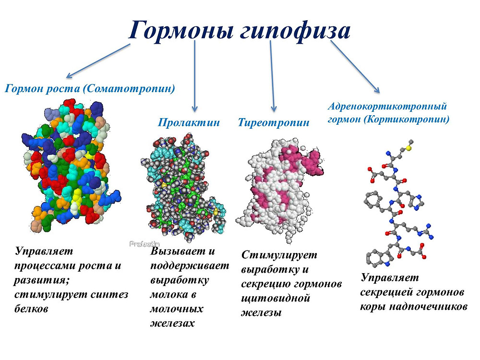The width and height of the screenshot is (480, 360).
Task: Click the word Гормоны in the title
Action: pyautogui.click(x=181, y=30)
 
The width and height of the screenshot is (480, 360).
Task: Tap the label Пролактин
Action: pyautogui.click(x=189, y=122)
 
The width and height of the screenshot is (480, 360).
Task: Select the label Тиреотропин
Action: pyautogui.click(x=274, y=123)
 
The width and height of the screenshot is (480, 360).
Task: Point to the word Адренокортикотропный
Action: pyautogui.click(x=387, y=107)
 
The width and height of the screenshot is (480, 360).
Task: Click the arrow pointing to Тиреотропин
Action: pyautogui.click(x=272, y=76)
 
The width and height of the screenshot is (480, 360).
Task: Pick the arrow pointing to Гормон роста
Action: pyautogui.click(x=98, y=61)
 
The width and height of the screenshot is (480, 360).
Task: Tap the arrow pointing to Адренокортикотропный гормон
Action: pyautogui.click(x=355, y=67)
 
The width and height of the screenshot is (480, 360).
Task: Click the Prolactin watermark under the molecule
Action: pyautogui.click(x=144, y=244)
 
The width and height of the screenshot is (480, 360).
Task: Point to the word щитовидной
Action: pyautogui.click(x=276, y=299)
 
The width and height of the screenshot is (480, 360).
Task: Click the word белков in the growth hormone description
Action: pyautogui.click(x=31, y=308)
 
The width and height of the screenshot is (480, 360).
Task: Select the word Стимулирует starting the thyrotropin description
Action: pyautogui.click(x=279, y=255)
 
